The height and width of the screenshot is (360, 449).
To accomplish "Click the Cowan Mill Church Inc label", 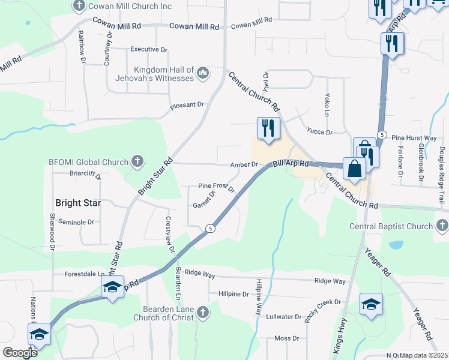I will [x=130, y=6].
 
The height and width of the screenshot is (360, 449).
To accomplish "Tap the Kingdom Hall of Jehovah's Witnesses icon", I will [x=202, y=73].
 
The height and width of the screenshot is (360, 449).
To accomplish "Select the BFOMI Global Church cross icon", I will [x=137, y=161].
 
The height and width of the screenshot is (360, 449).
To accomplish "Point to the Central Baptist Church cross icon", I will [x=442, y=226].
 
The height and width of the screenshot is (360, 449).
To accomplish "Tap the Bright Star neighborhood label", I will [x=77, y=203].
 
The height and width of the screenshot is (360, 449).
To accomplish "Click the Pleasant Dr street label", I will [x=187, y=105].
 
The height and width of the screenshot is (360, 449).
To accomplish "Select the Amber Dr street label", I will [x=244, y=164].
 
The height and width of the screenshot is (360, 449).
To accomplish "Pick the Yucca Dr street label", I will [x=319, y=131].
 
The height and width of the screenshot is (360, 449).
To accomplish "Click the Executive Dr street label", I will [x=148, y=49].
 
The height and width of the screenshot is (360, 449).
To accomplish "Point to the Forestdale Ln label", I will [x=85, y=274].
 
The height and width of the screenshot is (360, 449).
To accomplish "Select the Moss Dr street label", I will [x=282, y=338].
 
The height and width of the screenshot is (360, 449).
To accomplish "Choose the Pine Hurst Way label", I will [x=414, y=137].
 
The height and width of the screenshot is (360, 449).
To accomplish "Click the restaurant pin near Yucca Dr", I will [x=267, y=129].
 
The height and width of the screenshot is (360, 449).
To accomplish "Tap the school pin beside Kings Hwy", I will [x=372, y=304].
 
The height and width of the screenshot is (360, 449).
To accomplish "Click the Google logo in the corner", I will [x=19, y=353].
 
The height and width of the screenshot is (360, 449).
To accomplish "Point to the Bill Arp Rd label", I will [x=291, y=163].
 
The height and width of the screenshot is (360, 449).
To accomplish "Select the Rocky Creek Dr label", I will [x=322, y=310].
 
